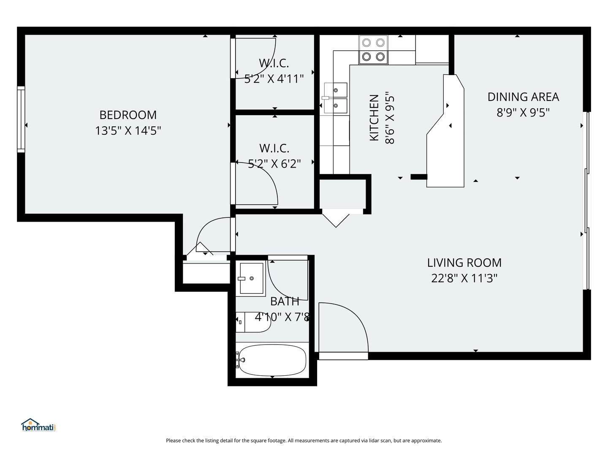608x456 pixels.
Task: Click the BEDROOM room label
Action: (x=128, y=115)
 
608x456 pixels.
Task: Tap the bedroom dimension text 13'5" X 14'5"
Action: (x=128, y=130)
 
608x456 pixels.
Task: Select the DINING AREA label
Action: (x=523, y=97)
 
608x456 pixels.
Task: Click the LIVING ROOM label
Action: (x=464, y=263)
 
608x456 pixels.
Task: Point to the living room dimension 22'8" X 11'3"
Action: (x=464, y=278)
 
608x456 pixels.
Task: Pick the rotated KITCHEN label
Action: (x=374, y=118)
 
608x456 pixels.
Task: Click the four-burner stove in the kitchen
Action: (x=373, y=50)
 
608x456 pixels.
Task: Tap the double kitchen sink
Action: (x=335, y=98)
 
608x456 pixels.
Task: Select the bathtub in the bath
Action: (x=272, y=360)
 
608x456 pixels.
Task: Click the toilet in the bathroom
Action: (x=253, y=322)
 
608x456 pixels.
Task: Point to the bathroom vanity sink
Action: (x=251, y=278)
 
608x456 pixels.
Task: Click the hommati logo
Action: (x=38, y=425)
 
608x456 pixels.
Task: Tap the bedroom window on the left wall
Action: (x=21, y=119)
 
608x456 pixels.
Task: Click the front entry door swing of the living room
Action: (x=343, y=328)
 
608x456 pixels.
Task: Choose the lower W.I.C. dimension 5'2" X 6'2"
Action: (x=274, y=164)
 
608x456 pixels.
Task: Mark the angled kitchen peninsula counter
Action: (x=445, y=131)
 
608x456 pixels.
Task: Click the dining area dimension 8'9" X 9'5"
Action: (x=523, y=112)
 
